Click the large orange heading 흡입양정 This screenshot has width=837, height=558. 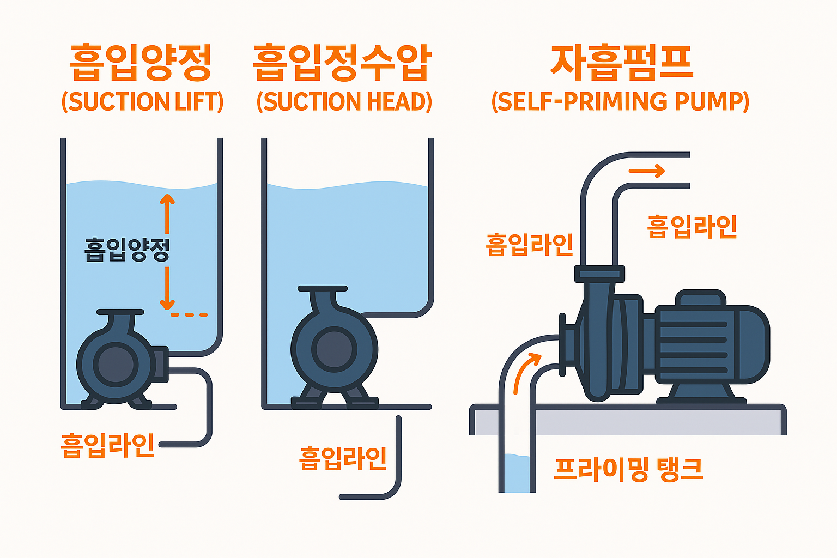point(141,62)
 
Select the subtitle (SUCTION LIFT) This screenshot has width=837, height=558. point(142,102)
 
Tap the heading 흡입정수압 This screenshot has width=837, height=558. point(342,62)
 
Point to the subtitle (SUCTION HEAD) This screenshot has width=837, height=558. point(344,102)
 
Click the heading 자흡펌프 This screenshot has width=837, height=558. point(621,62)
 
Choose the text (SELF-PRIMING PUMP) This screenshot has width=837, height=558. point(620,102)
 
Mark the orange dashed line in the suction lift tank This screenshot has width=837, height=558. point(189,314)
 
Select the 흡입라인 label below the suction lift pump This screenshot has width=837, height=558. point(107,445)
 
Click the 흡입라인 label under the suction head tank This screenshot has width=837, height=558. point(343,458)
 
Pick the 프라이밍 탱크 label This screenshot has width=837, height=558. point(628,469)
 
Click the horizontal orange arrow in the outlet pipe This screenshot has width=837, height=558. point(647,171)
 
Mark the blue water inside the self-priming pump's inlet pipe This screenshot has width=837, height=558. point(517,473)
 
